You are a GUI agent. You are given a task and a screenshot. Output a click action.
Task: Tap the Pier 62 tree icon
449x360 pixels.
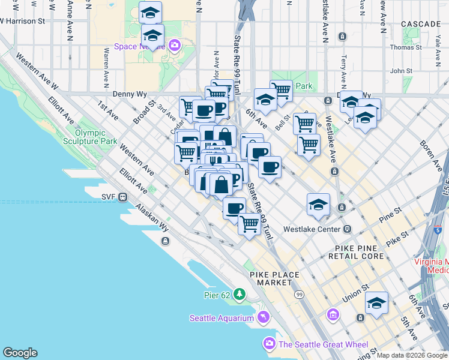coord(240,294)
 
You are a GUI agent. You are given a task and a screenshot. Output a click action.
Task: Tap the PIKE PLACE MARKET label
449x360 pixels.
coord(274,278)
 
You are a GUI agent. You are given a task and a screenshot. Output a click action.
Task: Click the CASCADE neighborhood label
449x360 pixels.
coord(421,24)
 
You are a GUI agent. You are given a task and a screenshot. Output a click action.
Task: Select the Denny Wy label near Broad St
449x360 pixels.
coord(129,94)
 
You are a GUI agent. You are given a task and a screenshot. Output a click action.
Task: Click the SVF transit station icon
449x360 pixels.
coord(122,196)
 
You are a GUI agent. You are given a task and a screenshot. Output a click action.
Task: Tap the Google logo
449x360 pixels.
coord(20,353)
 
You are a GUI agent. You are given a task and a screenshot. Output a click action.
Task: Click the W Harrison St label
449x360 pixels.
coord(23,20)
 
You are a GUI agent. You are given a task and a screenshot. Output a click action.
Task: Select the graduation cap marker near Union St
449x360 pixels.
coord(376,302)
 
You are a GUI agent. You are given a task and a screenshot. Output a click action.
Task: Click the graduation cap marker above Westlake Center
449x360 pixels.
coord(318,205)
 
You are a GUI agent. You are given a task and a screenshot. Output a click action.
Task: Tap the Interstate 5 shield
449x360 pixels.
coord(437,229)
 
